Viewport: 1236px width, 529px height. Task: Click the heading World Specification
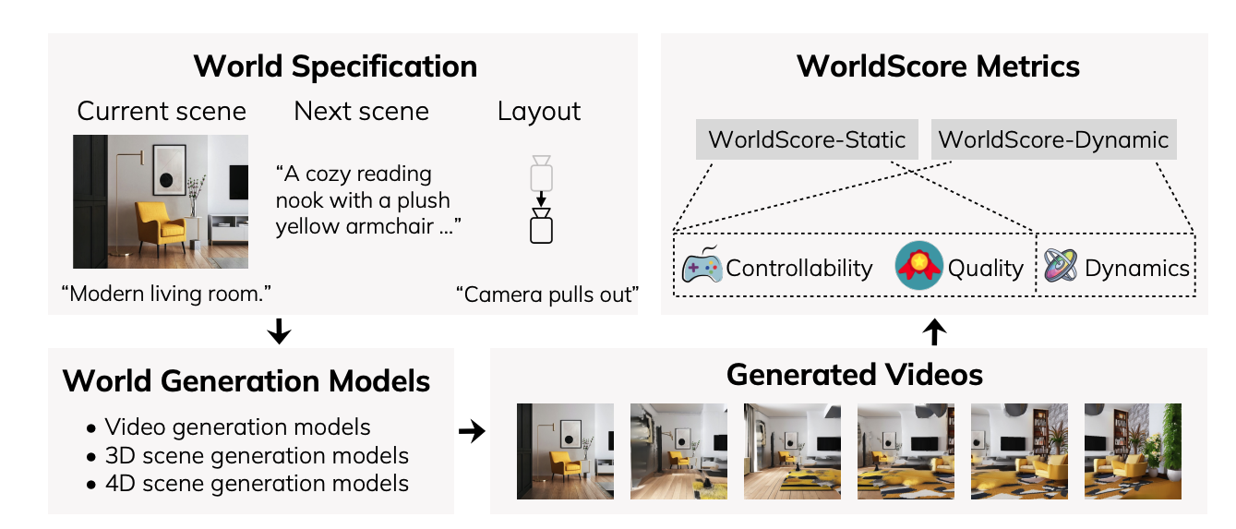(x=335, y=66)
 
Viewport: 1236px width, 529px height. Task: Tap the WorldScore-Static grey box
(x=806, y=140)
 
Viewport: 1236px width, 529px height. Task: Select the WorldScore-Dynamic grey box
(x=1053, y=140)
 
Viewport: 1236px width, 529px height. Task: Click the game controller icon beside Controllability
(x=702, y=267)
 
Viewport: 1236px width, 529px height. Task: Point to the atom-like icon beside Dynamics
(x=1062, y=267)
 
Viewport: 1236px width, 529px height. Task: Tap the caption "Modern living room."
(x=164, y=295)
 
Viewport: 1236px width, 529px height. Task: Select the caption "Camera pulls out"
(x=547, y=295)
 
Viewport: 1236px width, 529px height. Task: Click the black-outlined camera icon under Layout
(x=541, y=226)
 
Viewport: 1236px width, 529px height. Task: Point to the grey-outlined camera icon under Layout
(x=541, y=172)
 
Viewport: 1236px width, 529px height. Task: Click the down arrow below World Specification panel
(x=278, y=331)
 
